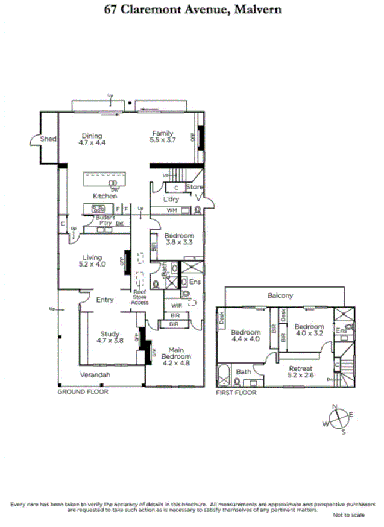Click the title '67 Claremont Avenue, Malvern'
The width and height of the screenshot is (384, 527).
[x=192, y=10]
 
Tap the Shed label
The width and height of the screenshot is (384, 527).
[x=48, y=139]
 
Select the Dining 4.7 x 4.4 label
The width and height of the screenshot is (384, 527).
[x=92, y=139]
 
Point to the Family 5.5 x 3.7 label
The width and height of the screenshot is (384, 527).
[x=163, y=137]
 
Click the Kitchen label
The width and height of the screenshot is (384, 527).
[x=104, y=196]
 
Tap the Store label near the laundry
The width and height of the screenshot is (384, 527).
[x=194, y=187]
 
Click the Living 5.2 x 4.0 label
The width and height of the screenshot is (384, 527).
[x=91, y=260]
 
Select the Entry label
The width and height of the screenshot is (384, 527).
[x=105, y=300]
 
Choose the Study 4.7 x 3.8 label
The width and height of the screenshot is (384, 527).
[x=109, y=338]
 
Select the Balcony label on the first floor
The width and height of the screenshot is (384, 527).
[x=280, y=295]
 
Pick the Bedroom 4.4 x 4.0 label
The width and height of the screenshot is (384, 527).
[x=246, y=336]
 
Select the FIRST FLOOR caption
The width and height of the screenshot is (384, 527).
[x=236, y=393]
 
